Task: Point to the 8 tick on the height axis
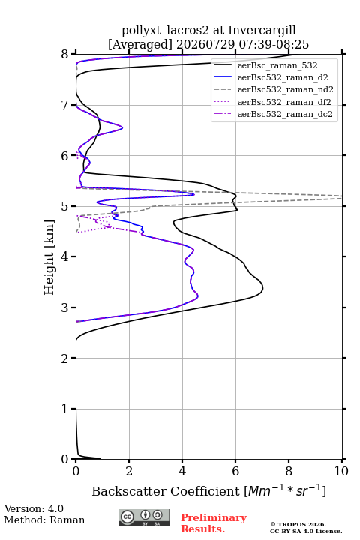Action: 65,55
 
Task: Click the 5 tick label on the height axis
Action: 65,207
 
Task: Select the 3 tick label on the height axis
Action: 65,307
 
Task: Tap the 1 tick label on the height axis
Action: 65,409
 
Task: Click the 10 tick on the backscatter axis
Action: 341,471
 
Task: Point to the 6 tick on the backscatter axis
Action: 235,471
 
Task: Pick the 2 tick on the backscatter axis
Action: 129,471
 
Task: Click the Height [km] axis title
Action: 49,257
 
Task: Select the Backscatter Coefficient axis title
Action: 208,490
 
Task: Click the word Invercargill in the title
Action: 262,31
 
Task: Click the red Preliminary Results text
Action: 214,523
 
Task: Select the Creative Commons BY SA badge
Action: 144,518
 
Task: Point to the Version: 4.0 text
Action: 34,508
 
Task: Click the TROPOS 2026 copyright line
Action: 298,524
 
